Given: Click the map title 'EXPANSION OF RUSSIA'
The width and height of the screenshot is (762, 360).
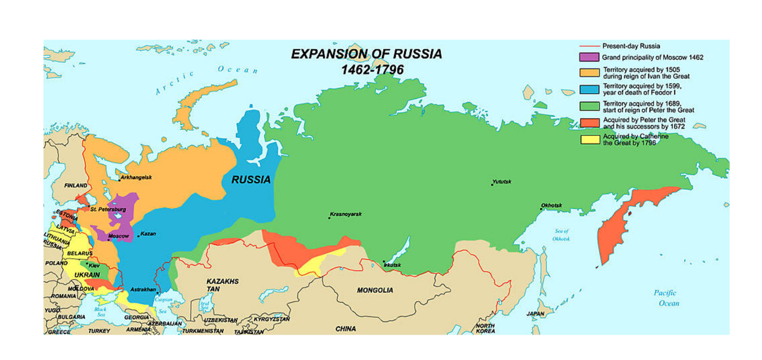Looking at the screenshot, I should (366, 54).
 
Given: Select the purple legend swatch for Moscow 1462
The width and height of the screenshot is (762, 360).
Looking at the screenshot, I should (589, 57).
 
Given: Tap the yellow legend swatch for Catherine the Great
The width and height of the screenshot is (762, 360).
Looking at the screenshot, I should (589, 139).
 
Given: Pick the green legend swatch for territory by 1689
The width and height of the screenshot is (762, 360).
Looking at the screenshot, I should (589, 106).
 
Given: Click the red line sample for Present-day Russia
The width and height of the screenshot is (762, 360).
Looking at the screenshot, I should (589, 46).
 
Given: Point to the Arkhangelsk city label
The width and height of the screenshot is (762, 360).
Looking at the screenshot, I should (136, 178).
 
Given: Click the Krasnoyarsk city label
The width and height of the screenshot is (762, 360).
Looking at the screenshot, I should (345, 214).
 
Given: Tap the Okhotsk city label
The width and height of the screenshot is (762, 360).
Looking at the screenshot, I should (551, 205).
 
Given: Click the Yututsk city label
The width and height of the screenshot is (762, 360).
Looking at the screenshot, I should (501, 182).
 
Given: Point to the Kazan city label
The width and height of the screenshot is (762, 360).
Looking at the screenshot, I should (148, 234).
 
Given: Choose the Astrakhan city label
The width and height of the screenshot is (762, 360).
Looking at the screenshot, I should (143, 289).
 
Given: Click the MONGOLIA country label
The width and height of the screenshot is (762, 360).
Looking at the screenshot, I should (375, 290).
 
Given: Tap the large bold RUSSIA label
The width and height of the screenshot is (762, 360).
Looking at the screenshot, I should (251, 180).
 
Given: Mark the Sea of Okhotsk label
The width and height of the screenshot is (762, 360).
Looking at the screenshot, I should (562, 235).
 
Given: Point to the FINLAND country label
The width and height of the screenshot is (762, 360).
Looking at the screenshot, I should (76, 186).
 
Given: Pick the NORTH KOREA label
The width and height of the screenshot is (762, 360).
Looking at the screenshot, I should (485, 328).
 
